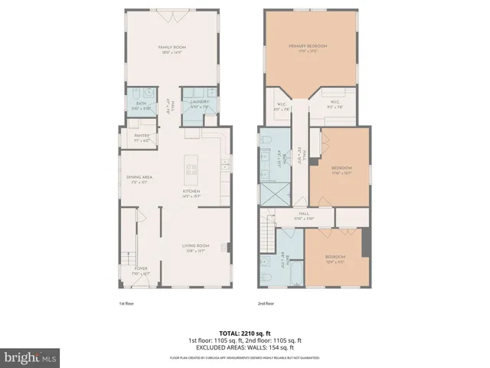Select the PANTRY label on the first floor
point(142,137)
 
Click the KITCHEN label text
point(191,192)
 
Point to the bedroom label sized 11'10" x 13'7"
point(341,169)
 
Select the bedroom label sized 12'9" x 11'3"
point(335,258)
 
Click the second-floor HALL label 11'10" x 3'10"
point(303,215)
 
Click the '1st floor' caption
point(127,304)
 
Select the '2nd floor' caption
point(266,304)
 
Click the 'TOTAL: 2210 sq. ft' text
point(245,333)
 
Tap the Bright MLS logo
point(31,357)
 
